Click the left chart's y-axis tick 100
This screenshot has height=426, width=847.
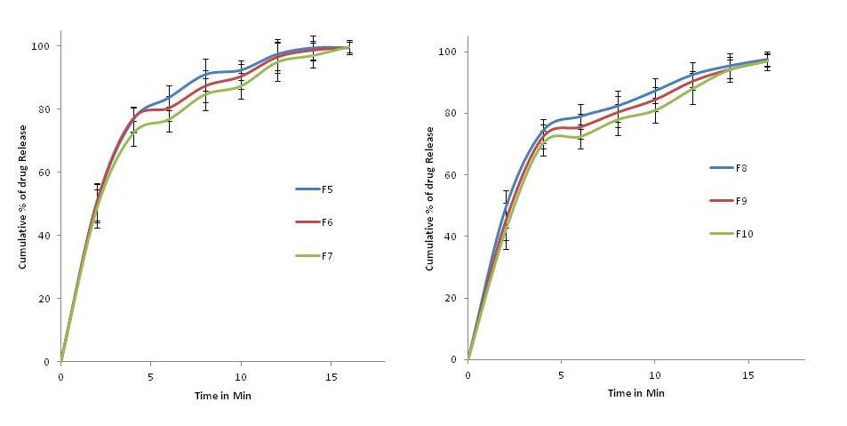coord(45,46)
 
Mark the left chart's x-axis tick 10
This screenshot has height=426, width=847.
coord(240,376)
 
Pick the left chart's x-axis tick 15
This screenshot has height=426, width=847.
coord(330,376)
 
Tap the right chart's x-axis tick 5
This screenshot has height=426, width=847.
coord(561,374)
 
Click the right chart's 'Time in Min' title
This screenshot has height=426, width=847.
coord(635,392)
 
